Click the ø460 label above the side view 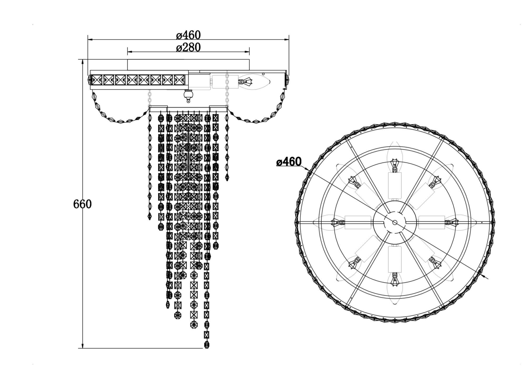coord(188,35)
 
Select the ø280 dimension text coord(188,47)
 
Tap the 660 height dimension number coord(82,204)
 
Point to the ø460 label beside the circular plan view coord(289,162)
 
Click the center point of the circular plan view coord(395,222)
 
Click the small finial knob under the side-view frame coord(188,96)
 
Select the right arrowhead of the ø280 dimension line coord(247,52)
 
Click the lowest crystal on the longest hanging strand coord(207,344)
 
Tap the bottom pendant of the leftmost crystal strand coord(150,216)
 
